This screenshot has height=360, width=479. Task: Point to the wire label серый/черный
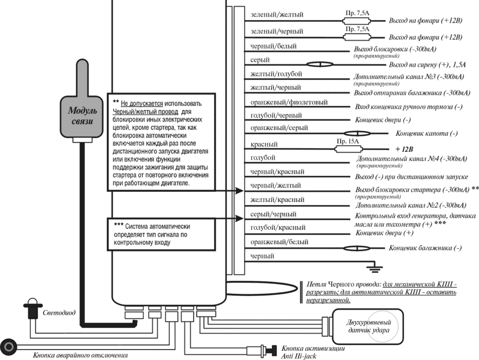tap(274, 214)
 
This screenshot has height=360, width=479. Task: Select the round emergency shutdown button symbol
tap(9, 345)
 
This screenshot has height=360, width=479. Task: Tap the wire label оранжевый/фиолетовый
tap(289, 102)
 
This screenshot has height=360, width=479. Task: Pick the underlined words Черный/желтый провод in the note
tap(143, 111)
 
